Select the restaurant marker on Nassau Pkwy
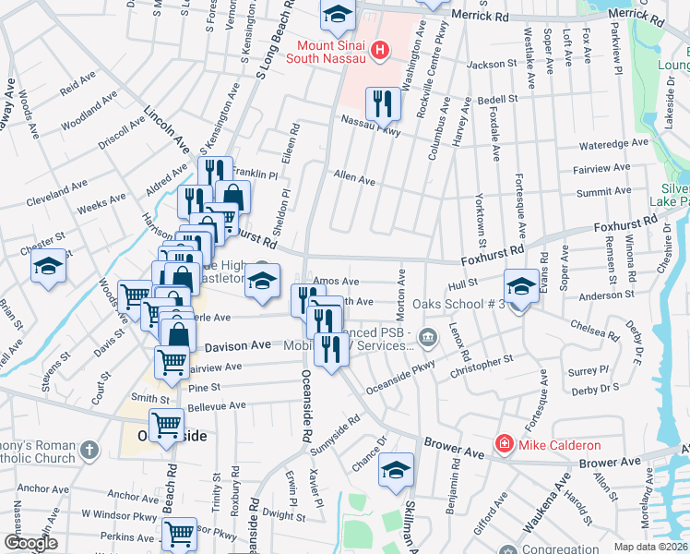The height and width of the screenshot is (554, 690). (382, 104)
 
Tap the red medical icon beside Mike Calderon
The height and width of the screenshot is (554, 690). (503, 444)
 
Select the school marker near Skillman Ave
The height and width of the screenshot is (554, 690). (396, 469)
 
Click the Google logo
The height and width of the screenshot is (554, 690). (31, 542)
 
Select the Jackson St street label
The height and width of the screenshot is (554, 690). (493, 65)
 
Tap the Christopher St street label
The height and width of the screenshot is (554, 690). (481, 365)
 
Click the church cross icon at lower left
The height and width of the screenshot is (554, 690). (89, 450)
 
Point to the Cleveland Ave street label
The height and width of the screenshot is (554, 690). (55, 194)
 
